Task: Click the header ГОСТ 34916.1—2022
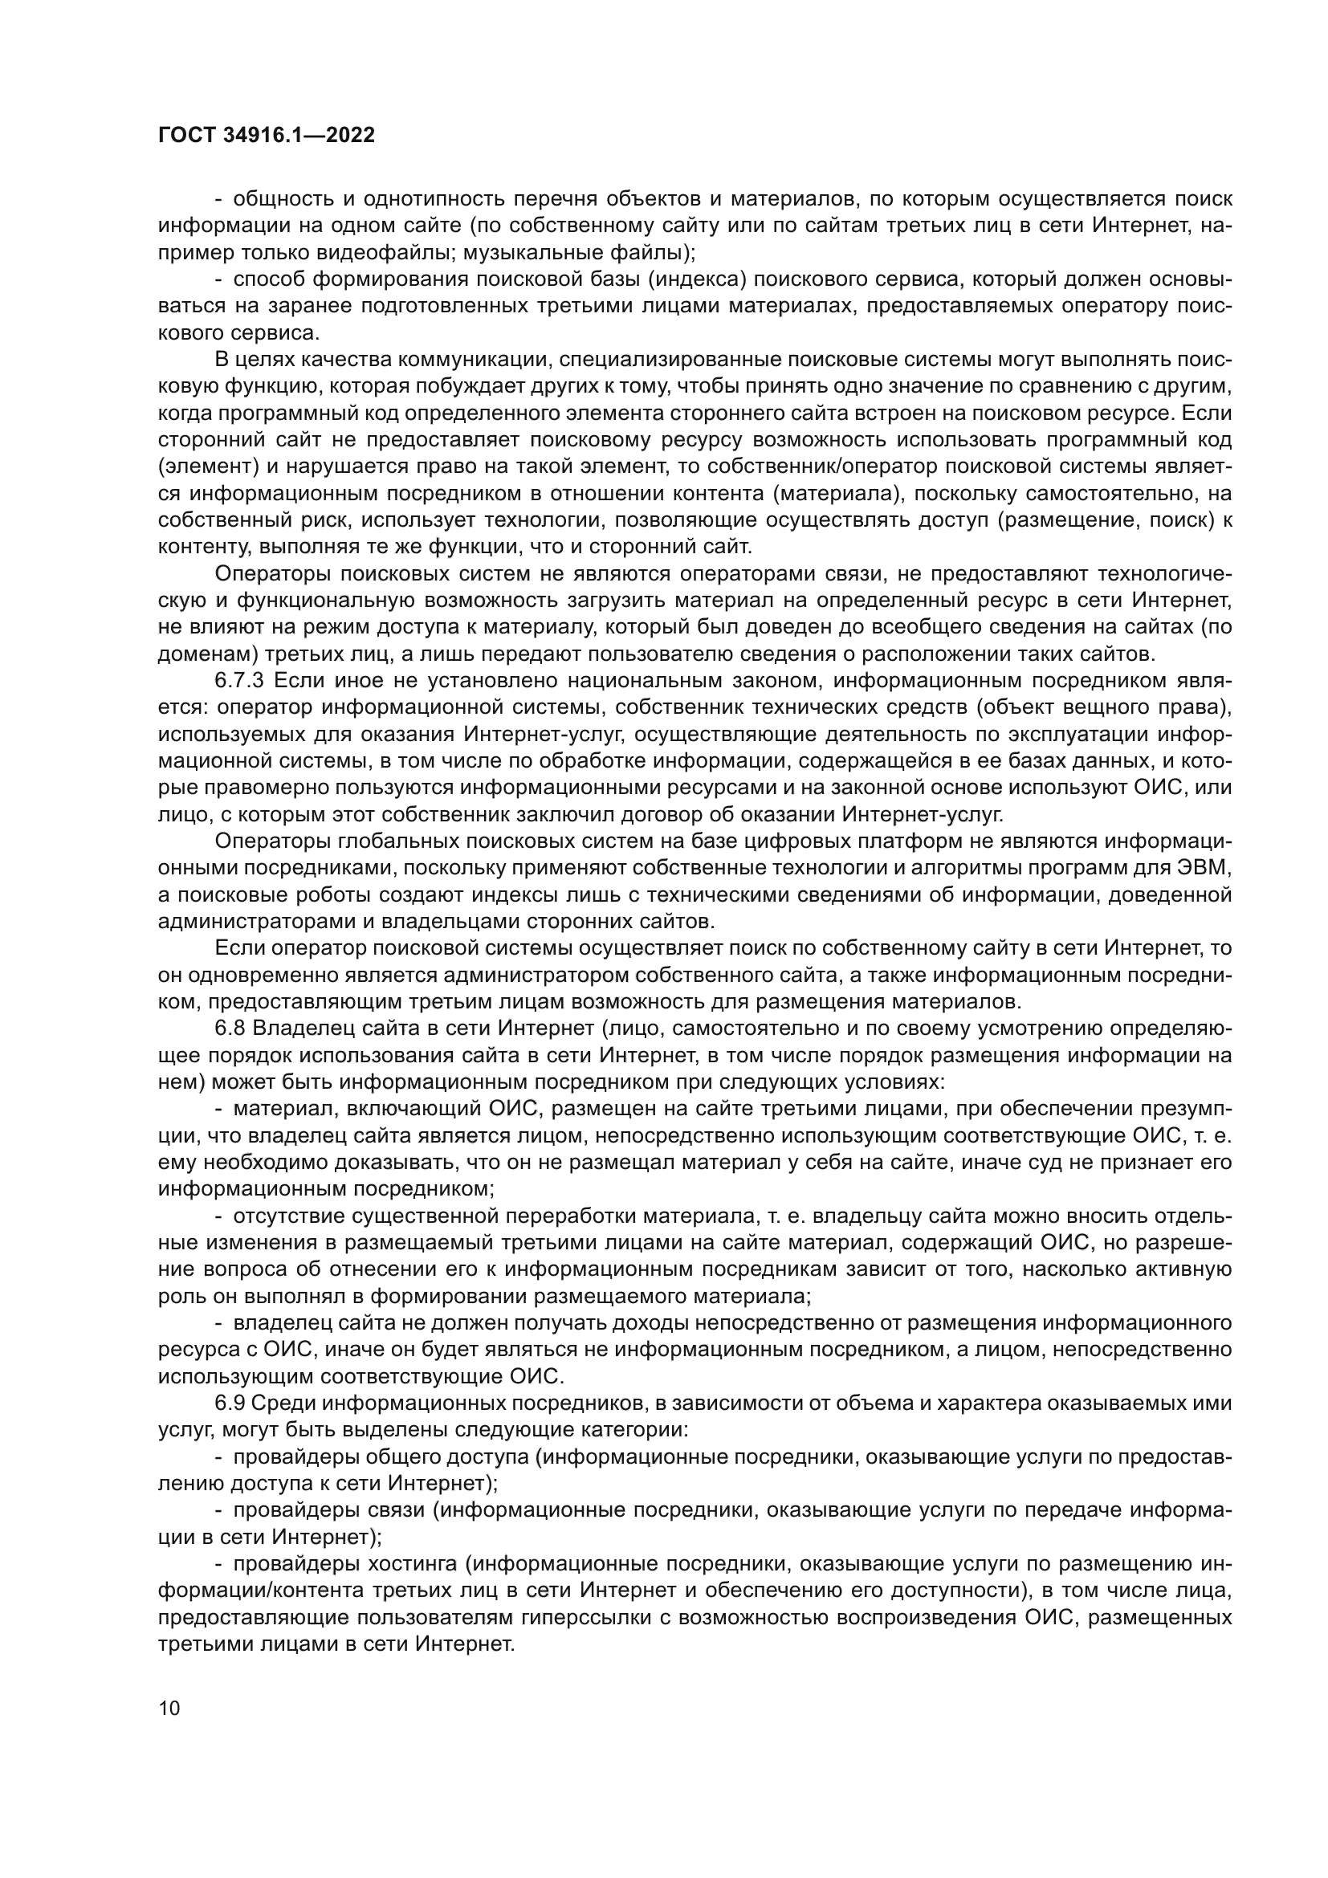pos(266,136)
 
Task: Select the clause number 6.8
pos(229,1029)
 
